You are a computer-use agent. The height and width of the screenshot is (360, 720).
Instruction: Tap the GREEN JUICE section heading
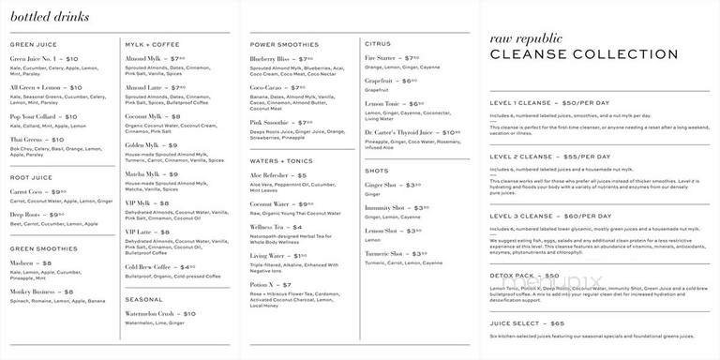pos(34,44)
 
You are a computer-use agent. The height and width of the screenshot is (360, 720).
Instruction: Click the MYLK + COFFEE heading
pos(153,44)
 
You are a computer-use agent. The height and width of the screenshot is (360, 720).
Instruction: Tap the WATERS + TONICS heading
pos(281,160)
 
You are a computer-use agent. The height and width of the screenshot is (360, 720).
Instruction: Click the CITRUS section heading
pos(378,44)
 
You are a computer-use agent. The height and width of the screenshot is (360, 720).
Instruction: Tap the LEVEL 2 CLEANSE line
pos(550,157)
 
